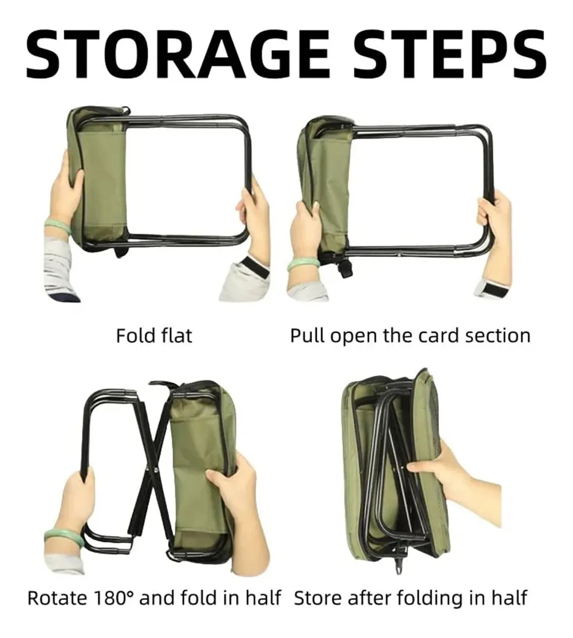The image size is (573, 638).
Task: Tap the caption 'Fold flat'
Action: point(154,335)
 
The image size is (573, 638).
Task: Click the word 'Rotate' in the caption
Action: point(57,598)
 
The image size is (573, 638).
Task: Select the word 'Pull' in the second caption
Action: point(308,336)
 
